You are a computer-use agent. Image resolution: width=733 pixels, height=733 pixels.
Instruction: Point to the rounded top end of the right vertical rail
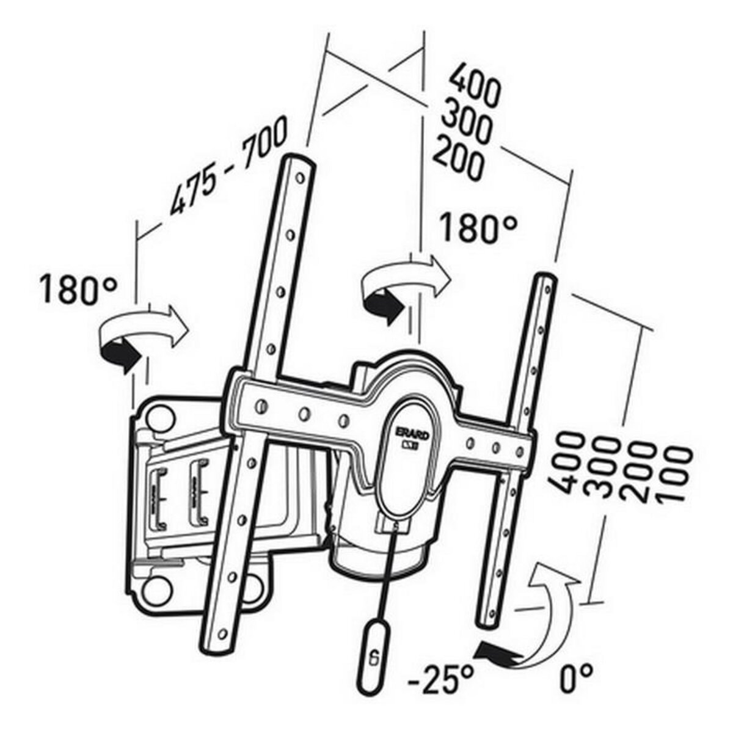point(544,280)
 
